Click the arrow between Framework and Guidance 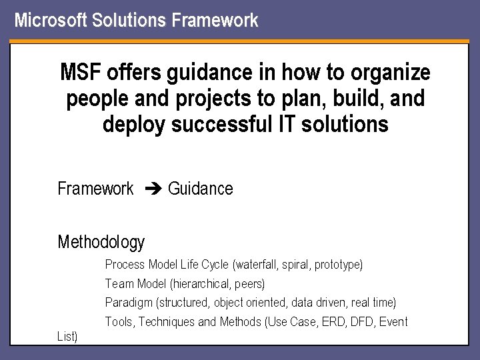[x=151, y=189]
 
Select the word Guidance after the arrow [x=201, y=189]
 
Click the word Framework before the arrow [x=95, y=189]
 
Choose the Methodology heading [x=101, y=241]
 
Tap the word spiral [x=295, y=265]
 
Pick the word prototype [x=337, y=265]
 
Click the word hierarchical [x=199, y=284]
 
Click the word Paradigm [x=128, y=303]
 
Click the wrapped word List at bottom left [x=67, y=337]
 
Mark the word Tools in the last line [x=119, y=322]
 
